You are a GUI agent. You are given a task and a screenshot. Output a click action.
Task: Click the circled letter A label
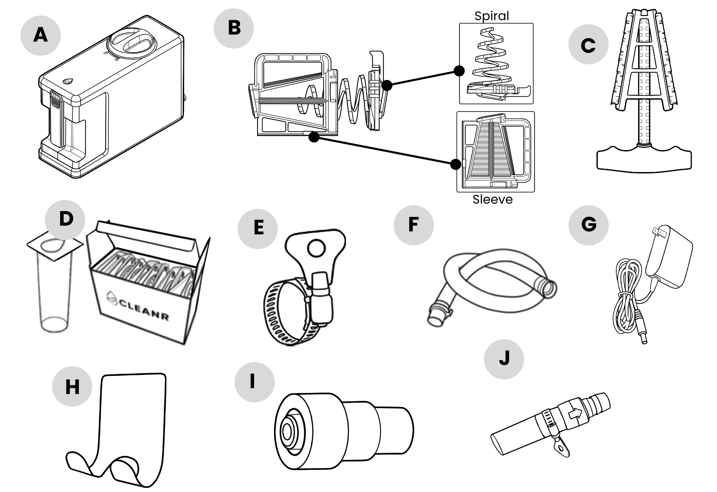[x=40, y=35]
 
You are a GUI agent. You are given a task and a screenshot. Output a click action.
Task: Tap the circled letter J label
[x=504, y=359]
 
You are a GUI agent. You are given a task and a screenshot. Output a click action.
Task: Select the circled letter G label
[x=588, y=225]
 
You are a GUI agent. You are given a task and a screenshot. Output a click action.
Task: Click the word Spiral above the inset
[x=492, y=16]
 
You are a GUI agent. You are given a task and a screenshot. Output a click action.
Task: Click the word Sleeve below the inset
[x=492, y=199]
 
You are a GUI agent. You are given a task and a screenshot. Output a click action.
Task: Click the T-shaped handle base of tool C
[x=644, y=160]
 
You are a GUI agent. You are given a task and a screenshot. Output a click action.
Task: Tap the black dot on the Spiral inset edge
[x=459, y=71]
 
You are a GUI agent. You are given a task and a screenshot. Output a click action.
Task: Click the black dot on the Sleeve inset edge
[x=455, y=164]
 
